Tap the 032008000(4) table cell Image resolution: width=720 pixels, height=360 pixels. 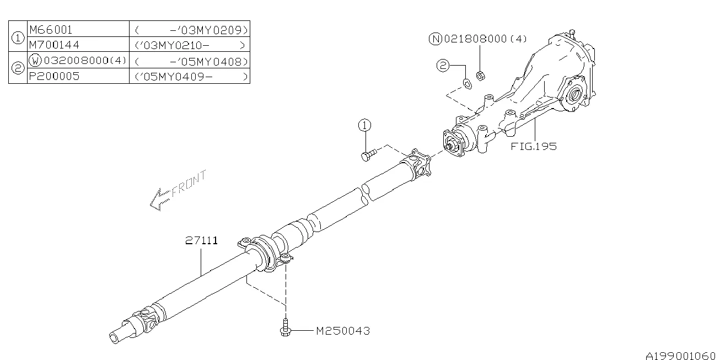point(77,61)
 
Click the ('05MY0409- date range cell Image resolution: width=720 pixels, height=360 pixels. point(190,76)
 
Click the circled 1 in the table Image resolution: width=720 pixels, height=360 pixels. point(18,37)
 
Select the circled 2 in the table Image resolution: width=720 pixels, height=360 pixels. point(18,68)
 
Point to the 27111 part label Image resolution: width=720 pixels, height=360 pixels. point(201,241)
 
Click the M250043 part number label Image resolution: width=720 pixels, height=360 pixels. point(342,331)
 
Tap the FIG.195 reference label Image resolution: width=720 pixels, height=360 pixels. point(533,146)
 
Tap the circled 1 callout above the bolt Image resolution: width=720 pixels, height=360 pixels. point(364,125)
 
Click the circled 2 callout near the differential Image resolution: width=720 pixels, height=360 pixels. point(443,66)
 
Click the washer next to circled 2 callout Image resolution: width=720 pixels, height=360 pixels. point(466,83)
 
